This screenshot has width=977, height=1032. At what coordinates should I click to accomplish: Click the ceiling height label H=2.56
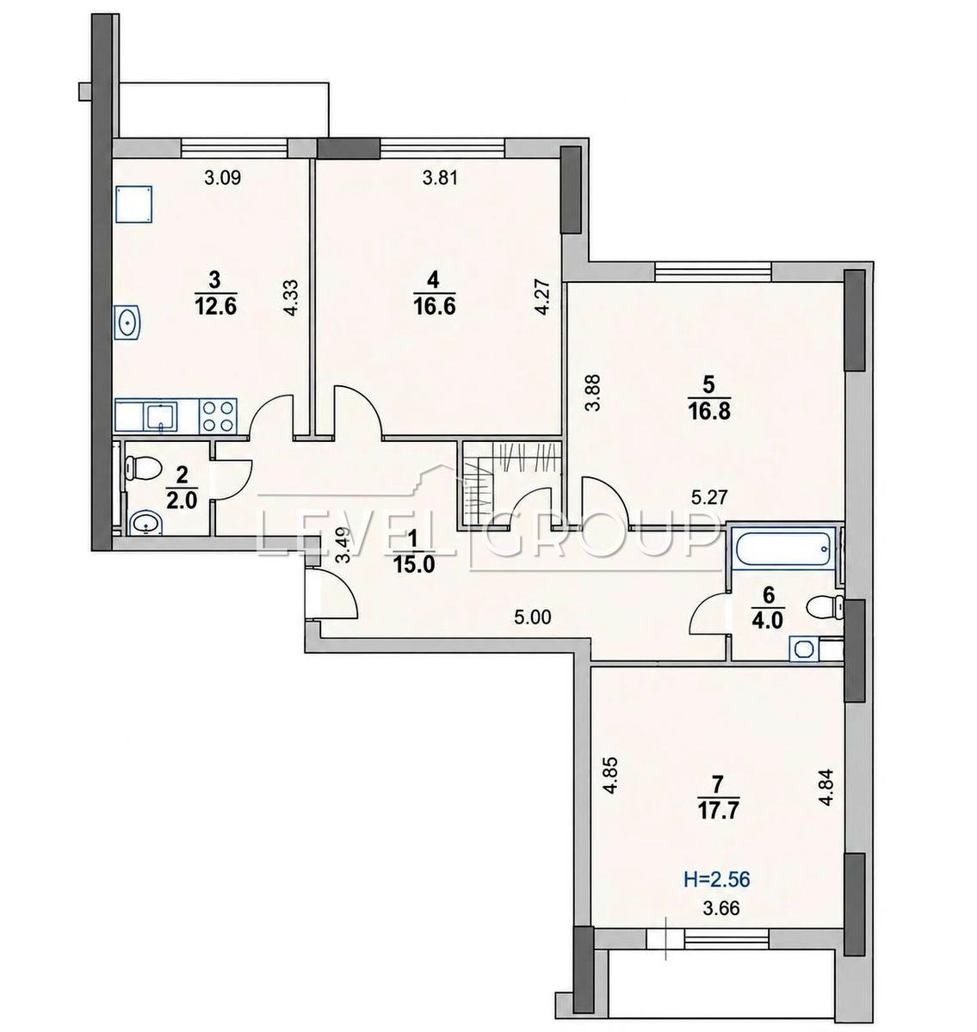716,878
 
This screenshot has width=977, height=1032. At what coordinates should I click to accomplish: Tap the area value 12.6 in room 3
215,306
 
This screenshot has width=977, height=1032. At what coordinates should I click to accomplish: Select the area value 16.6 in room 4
434,306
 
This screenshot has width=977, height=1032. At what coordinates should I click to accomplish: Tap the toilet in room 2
141,467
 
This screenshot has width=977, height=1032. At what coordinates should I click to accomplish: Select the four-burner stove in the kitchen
218,415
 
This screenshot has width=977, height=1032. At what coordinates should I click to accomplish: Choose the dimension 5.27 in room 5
709,496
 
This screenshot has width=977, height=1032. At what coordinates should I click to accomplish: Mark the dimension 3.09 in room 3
222,178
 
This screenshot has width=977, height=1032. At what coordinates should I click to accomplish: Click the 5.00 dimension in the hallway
533,617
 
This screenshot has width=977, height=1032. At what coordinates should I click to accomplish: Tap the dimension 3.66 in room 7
721,907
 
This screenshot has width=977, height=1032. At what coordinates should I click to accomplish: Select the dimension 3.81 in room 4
440,178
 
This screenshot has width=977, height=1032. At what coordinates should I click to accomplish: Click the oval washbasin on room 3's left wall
127,322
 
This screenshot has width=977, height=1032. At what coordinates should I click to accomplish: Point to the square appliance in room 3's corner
134,204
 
